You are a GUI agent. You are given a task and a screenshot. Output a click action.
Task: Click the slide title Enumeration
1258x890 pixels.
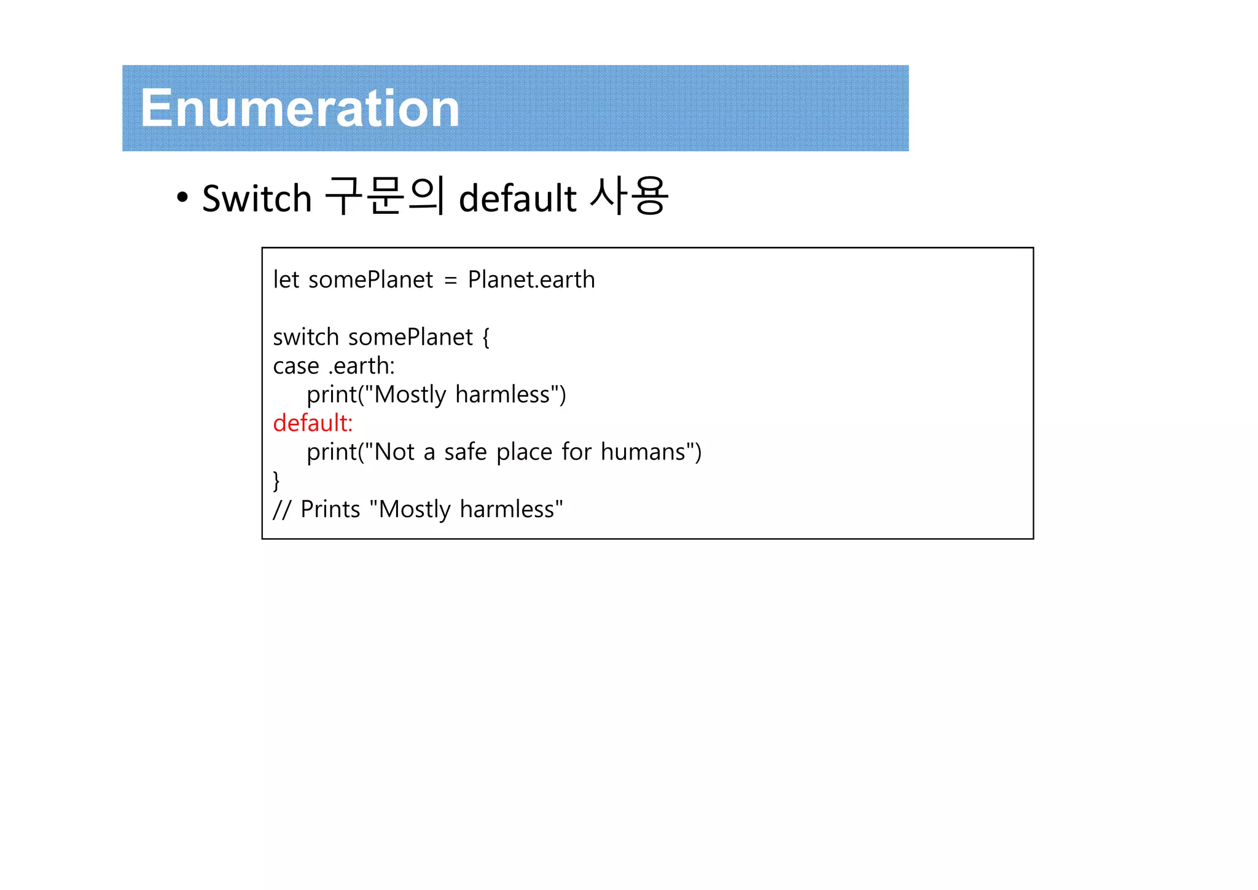pyautogui.click(x=300, y=109)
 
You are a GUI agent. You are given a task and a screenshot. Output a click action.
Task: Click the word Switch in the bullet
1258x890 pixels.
pyautogui.click(x=257, y=198)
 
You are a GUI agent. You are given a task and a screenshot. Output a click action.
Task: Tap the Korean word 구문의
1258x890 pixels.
pyautogui.click(x=384, y=197)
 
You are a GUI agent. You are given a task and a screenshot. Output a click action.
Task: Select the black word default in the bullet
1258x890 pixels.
pyautogui.click(x=517, y=198)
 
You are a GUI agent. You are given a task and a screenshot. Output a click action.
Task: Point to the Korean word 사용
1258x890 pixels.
pyautogui.click(x=628, y=197)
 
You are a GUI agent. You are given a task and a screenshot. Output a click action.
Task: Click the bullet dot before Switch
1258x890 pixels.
pyautogui.click(x=182, y=198)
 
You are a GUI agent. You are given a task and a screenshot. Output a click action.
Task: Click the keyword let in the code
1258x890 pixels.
pyautogui.click(x=286, y=279)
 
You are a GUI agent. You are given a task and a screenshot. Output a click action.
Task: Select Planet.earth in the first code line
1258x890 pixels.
pyautogui.click(x=531, y=279)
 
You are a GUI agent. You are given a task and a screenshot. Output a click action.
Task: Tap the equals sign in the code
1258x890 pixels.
pyautogui.click(x=450, y=281)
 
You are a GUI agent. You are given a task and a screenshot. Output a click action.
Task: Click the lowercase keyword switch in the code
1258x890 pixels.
pyautogui.click(x=306, y=337)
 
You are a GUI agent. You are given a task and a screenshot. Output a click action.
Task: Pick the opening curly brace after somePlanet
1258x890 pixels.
pyautogui.click(x=486, y=337)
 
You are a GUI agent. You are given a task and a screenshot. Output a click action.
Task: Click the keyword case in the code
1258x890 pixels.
pyautogui.click(x=296, y=366)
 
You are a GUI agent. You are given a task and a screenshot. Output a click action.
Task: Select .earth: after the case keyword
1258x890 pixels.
pyautogui.click(x=362, y=366)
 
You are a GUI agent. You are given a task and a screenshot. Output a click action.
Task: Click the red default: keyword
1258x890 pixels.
pyautogui.click(x=313, y=423)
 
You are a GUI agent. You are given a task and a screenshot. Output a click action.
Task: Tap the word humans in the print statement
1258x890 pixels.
pyautogui.click(x=643, y=452)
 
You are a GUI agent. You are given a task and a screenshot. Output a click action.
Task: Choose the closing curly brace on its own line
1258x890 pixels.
pyautogui.click(x=276, y=480)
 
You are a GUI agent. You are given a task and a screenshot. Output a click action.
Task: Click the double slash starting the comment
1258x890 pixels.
pyautogui.click(x=281, y=510)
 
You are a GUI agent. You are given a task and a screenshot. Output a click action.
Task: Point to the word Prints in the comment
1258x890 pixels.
pyautogui.click(x=330, y=510)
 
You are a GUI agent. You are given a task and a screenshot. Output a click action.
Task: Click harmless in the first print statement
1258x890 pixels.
pyautogui.click(x=502, y=395)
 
